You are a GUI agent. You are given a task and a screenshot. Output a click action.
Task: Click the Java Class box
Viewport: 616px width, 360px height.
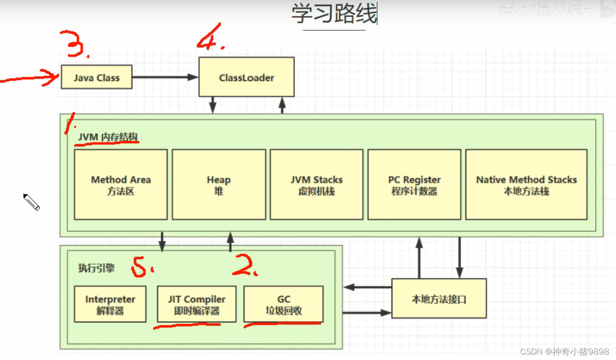97,77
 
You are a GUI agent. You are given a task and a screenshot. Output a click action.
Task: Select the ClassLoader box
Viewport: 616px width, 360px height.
246,77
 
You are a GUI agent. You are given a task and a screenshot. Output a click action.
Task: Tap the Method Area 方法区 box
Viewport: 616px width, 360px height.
121,185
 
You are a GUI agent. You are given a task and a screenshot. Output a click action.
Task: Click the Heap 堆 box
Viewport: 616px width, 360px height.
219,185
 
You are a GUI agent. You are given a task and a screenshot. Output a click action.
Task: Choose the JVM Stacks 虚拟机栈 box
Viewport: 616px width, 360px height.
316,185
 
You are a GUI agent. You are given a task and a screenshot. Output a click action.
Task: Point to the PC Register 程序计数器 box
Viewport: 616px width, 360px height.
414,185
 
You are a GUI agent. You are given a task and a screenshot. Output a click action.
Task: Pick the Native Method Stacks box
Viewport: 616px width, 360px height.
526,185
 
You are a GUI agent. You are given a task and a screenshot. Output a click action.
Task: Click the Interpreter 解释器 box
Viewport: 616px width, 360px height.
110,304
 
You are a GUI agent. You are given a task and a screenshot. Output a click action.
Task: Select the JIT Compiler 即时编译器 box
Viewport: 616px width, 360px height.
196,304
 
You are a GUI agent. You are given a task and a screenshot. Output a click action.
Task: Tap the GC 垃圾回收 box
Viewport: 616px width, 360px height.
283,304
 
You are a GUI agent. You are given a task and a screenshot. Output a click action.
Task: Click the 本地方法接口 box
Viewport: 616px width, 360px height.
439,299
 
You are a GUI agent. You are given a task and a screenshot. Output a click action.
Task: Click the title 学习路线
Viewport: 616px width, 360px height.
334,14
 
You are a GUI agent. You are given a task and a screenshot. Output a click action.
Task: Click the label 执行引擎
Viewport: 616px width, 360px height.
96,268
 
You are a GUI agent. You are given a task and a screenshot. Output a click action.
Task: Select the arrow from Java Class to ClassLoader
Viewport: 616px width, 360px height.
165,77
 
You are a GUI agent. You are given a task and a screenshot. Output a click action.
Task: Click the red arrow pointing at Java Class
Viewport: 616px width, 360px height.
29,79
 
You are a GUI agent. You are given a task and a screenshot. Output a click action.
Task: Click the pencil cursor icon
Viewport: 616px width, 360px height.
32,202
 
